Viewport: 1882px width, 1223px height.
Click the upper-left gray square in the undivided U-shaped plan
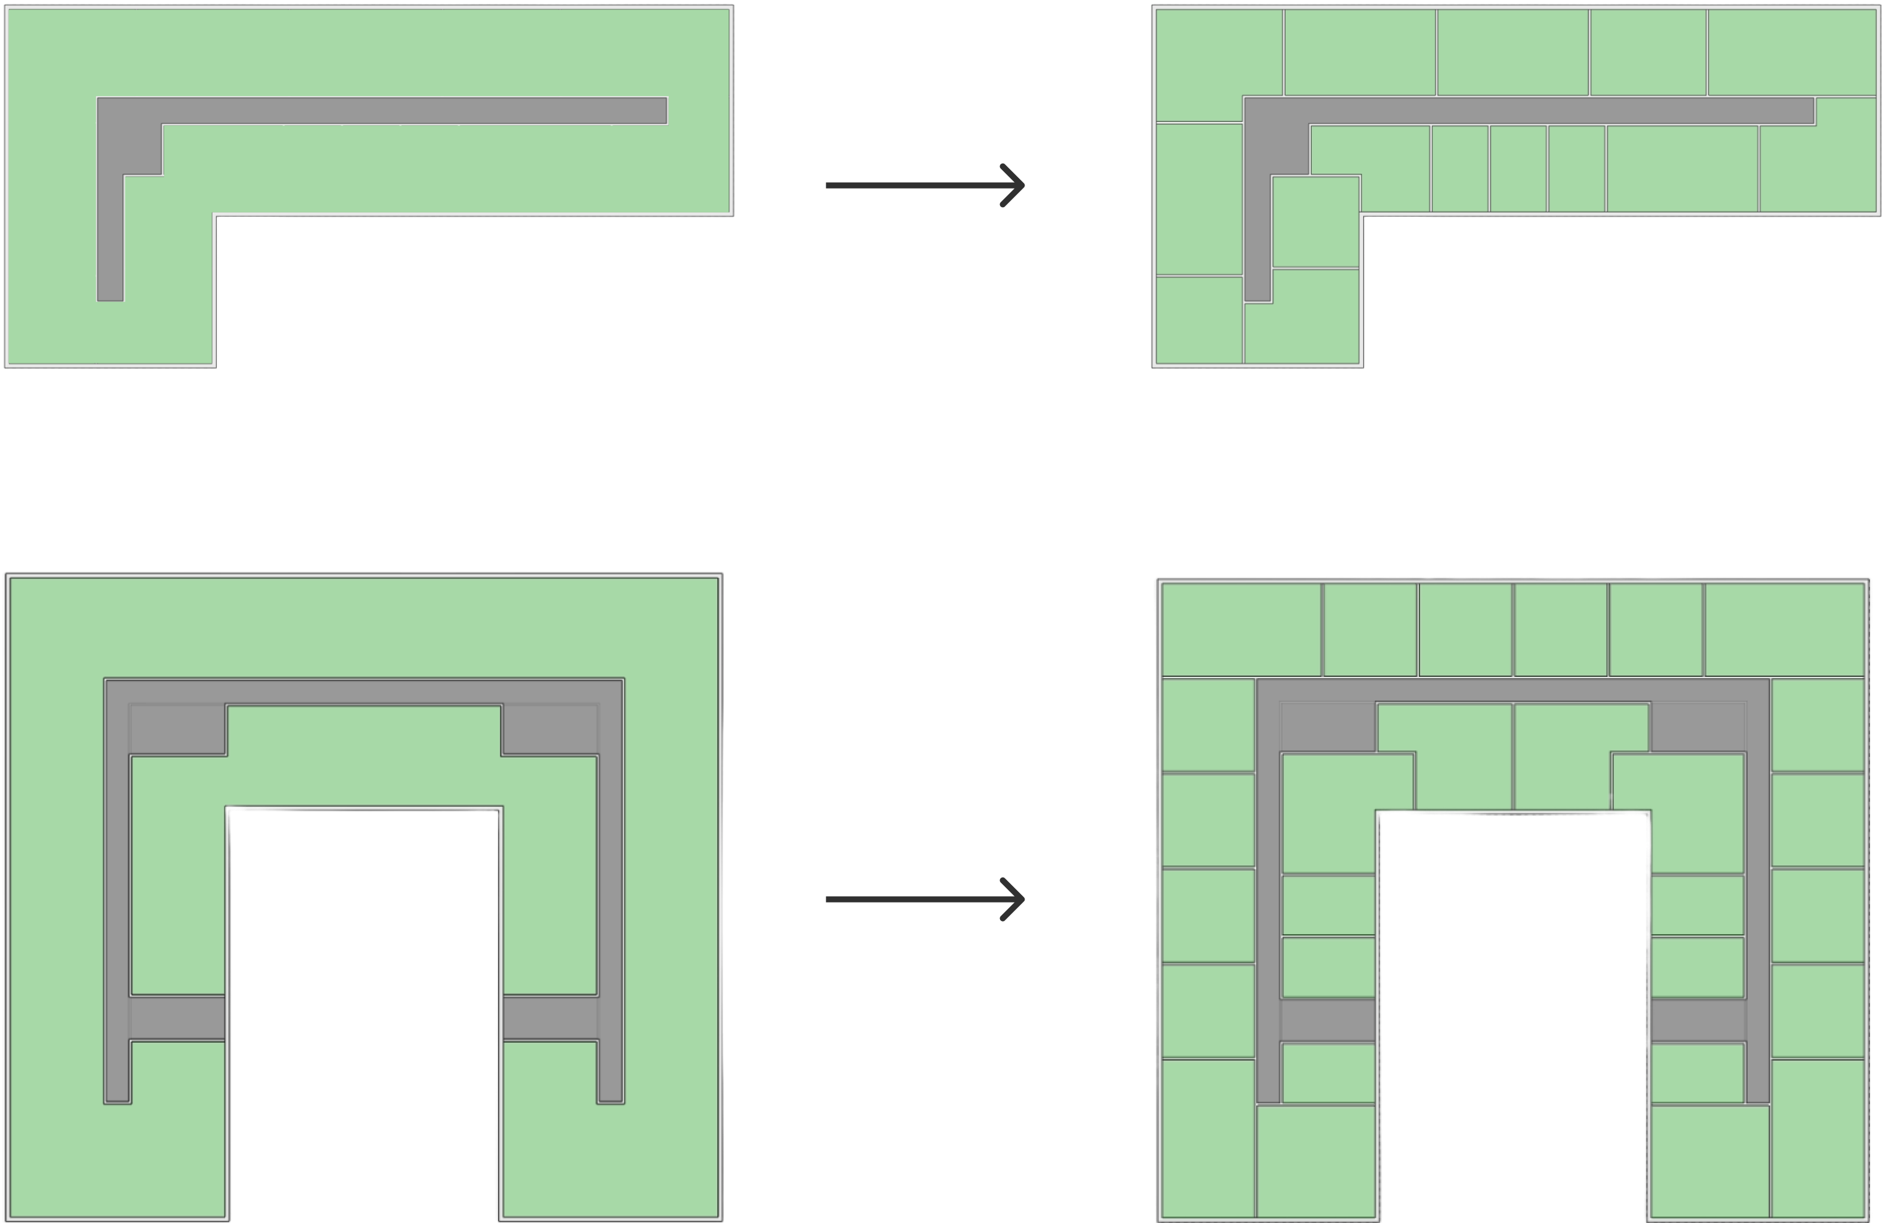(x=177, y=729)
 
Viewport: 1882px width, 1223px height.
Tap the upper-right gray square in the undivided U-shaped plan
(x=549, y=729)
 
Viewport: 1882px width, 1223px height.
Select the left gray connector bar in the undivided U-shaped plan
(x=177, y=1018)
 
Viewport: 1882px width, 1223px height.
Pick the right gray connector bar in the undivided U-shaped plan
(x=549, y=1018)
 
